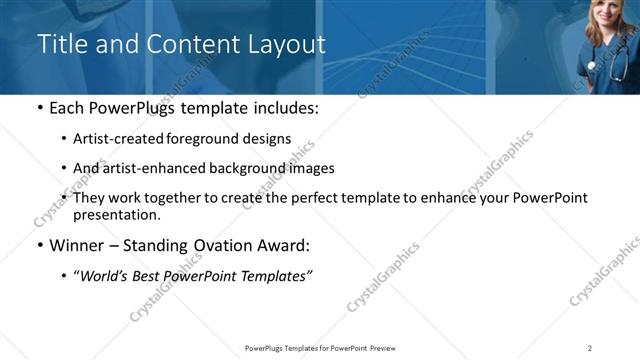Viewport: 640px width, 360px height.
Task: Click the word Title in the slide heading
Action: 60,45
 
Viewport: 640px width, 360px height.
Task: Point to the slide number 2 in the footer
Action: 590,348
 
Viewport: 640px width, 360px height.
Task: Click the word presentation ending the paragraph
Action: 116,215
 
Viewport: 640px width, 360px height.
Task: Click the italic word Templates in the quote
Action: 277,275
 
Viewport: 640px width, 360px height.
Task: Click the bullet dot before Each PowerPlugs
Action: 39,108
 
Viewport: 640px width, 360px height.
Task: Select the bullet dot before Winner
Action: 39,245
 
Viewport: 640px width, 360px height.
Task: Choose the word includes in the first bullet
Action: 285,108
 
